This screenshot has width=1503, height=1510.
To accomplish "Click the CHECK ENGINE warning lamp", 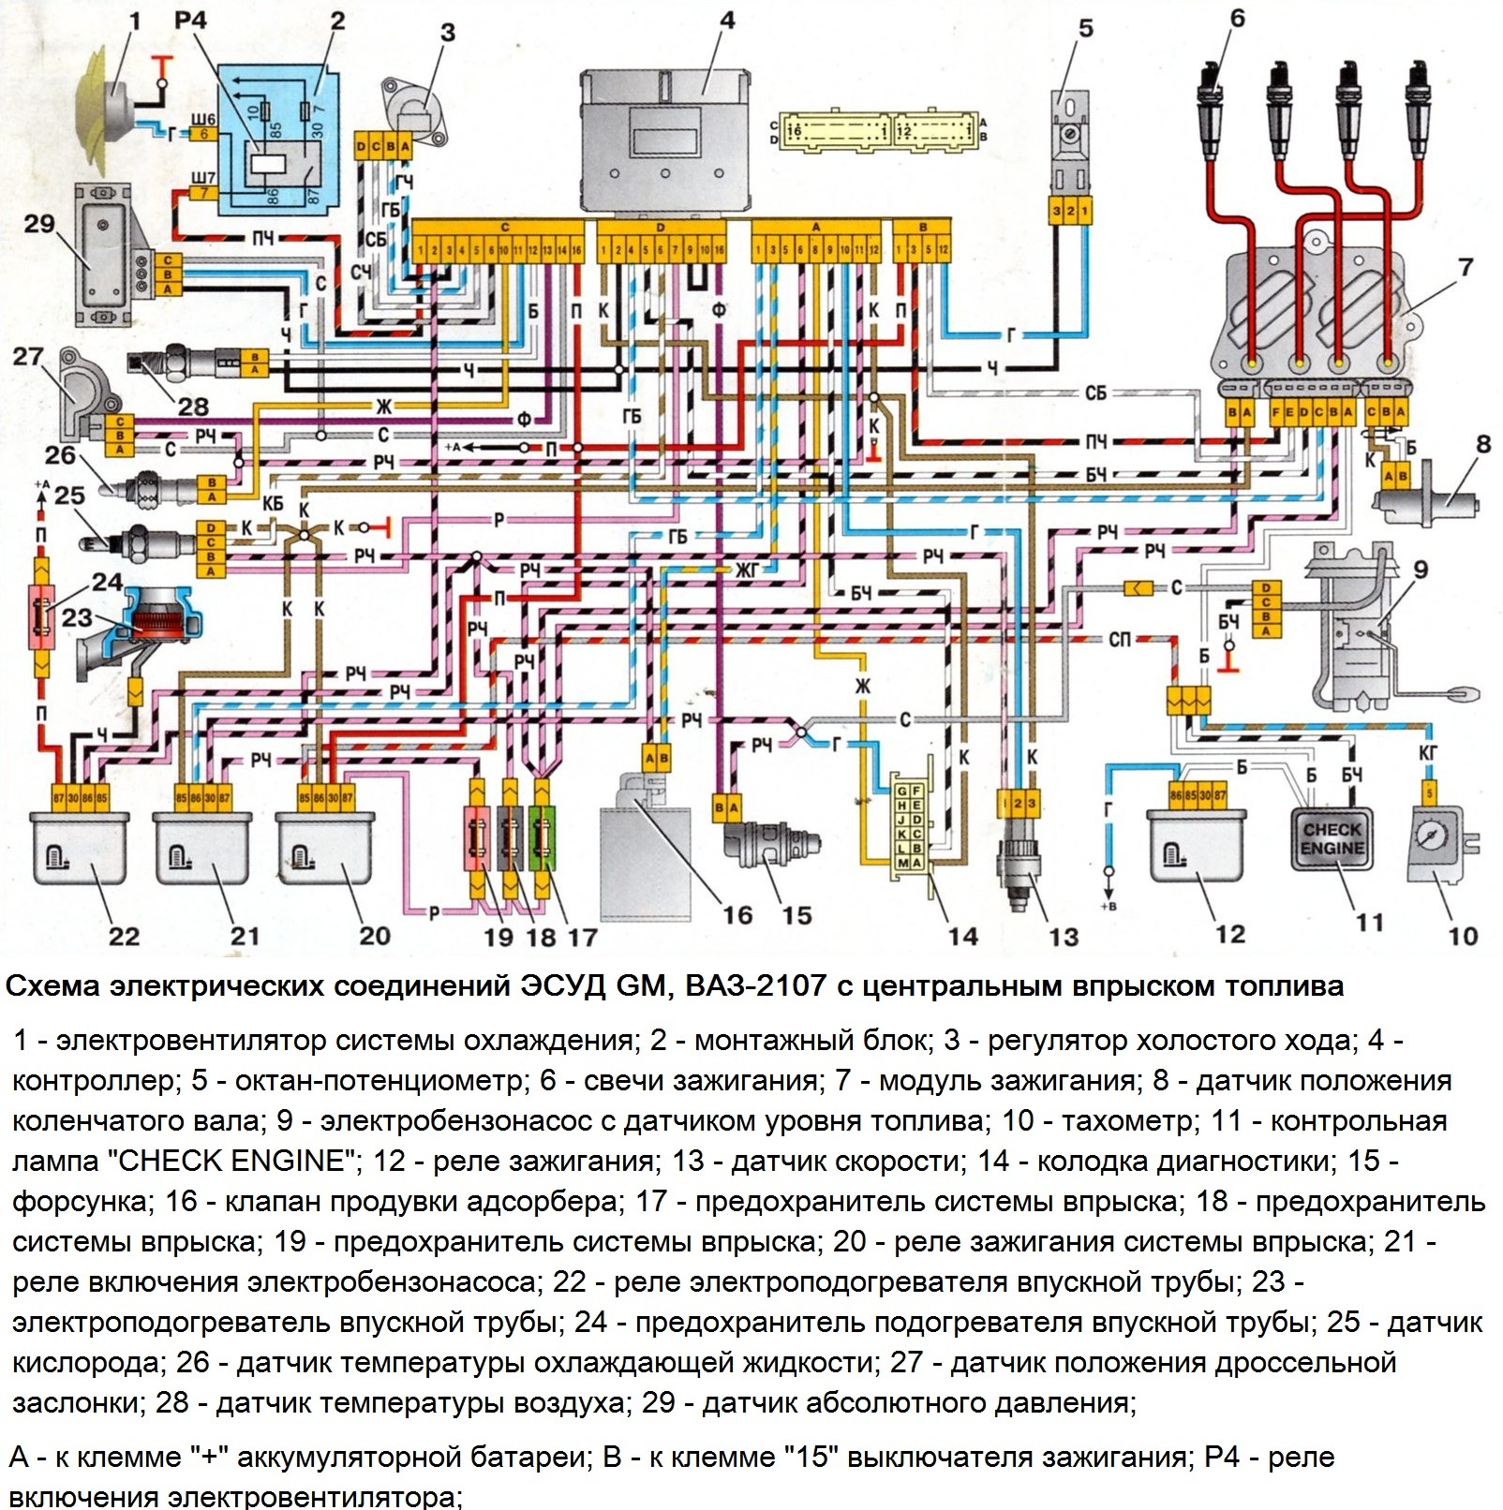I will (1332, 839).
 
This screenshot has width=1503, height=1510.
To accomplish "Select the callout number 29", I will (39, 223).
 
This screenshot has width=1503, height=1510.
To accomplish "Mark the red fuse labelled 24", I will (41, 617).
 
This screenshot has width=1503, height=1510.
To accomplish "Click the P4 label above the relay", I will (191, 21).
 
